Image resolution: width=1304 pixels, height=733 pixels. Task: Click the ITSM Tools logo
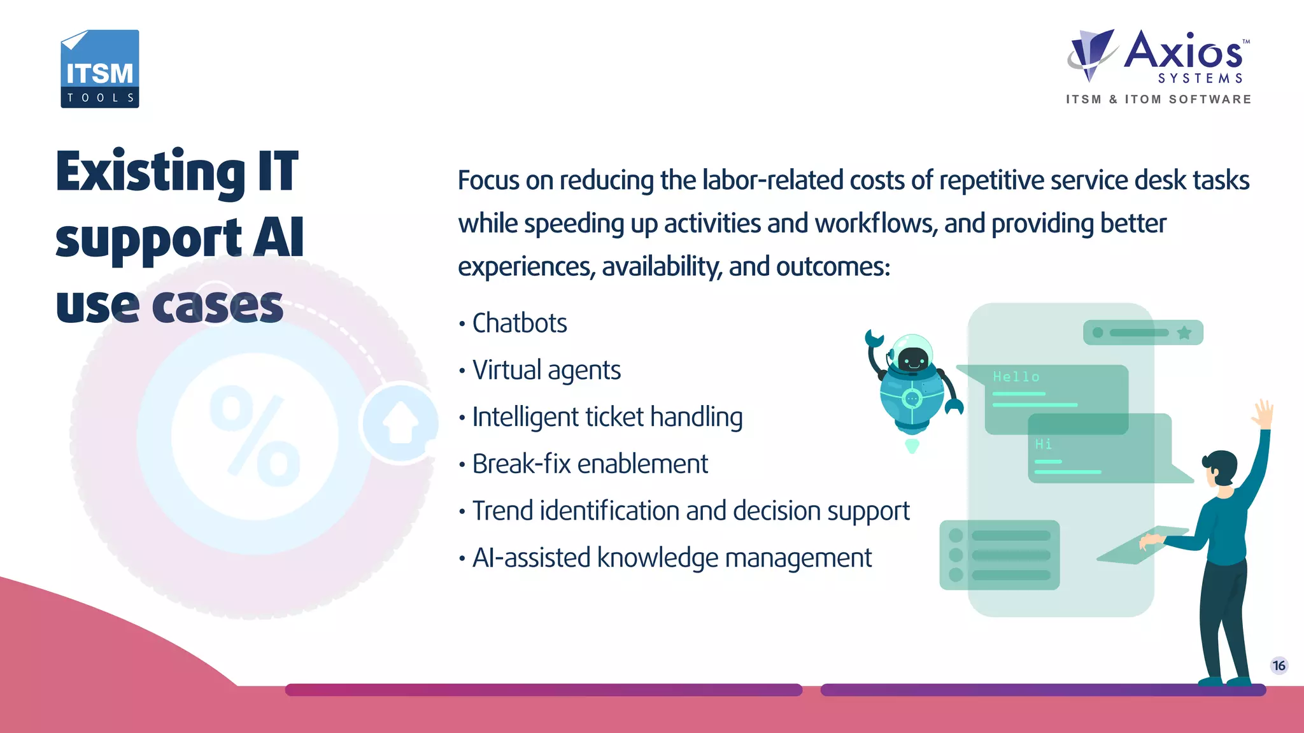[x=99, y=69]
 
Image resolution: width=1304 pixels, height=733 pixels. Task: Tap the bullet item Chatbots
[x=519, y=324]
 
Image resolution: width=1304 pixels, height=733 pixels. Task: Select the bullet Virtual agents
[x=546, y=371]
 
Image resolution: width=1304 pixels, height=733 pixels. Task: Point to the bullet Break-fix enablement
[x=590, y=464]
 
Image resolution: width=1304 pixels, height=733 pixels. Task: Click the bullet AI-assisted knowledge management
[x=671, y=559]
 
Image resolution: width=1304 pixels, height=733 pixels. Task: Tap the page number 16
[x=1279, y=665]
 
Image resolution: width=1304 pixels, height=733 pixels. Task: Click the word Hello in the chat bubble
[x=1016, y=377]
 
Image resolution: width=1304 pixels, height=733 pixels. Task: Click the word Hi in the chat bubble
[x=1043, y=444]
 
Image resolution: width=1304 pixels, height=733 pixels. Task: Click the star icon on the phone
[x=1184, y=332]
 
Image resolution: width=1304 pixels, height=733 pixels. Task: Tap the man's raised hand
[x=1263, y=414]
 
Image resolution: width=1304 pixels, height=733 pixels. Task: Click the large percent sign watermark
[x=255, y=436]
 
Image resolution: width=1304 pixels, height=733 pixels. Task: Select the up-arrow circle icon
[x=400, y=422]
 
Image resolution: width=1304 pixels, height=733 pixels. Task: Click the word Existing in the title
[x=150, y=172]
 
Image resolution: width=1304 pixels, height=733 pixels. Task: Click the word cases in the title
[x=217, y=306]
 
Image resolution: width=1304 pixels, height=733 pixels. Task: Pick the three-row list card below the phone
[x=1000, y=555]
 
